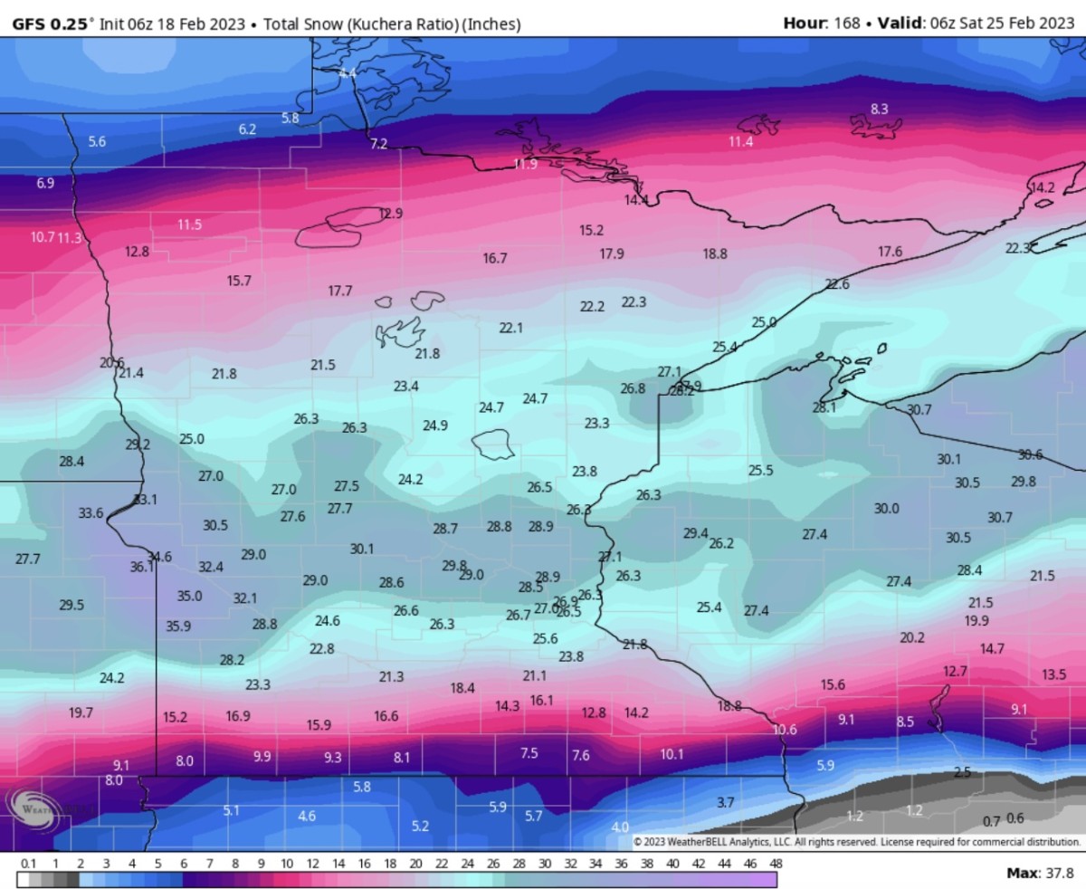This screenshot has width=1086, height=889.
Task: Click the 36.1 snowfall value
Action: [141, 568]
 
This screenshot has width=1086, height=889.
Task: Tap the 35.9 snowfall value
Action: [178, 626]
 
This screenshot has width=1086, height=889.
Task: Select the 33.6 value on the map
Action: [90, 513]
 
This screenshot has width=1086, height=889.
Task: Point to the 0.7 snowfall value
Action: [991, 822]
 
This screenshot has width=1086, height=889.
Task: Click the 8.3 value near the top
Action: [879, 109]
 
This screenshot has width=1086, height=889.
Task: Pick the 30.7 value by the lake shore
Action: [919, 410]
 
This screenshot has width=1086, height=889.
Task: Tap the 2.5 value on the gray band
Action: [962, 772]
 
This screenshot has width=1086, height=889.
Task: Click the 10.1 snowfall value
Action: [672, 754]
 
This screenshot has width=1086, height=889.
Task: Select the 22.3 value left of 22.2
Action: [633, 302]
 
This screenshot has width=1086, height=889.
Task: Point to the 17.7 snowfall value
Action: [340, 291]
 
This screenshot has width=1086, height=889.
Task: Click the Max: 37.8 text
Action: [1040, 873]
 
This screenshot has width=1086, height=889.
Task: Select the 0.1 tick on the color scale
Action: [28, 864]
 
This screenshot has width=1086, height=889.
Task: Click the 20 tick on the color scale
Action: [415, 864]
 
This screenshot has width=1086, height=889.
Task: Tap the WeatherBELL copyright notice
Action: [856, 841]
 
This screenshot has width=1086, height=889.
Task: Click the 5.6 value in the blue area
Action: [97, 141]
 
